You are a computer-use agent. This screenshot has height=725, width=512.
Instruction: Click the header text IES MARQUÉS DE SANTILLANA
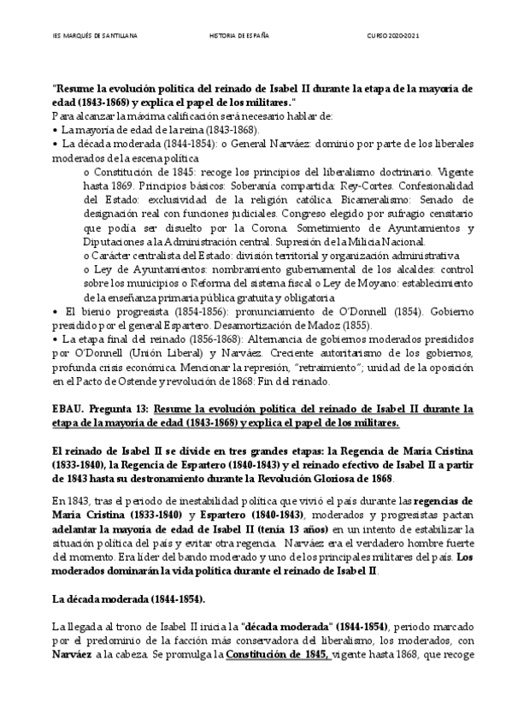[x=87, y=37]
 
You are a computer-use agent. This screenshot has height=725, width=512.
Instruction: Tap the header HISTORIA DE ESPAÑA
[x=239, y=37]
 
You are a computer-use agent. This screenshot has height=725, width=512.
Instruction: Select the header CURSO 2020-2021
[x=394, y=37]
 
